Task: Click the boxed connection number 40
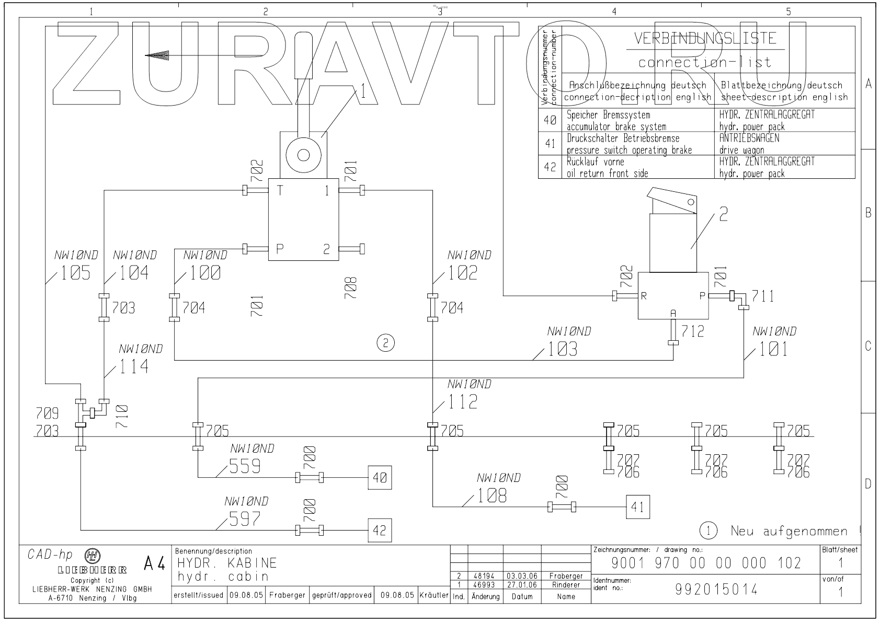click(380, 477)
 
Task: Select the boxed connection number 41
click(638, 506)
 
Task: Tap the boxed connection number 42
click(379, 530)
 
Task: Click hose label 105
click(76, 273)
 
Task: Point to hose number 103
click(563, 349)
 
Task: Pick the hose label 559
click(245, 466)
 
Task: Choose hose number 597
click(245, 519)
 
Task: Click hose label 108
click(492, 495)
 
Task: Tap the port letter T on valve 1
click(280, 191)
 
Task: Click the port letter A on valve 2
click(673, 313)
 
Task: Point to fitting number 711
click(763, 296)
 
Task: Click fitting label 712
click(693, 331)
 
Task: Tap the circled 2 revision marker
click(386, 343)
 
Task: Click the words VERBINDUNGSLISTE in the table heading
click(705, 39)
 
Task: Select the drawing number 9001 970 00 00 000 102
click(706, 563)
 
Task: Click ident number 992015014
click(716, 590)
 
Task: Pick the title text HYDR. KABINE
click(227, 563)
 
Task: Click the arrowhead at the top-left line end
click(157, 55)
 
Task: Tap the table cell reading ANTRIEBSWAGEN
click(749, 139)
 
